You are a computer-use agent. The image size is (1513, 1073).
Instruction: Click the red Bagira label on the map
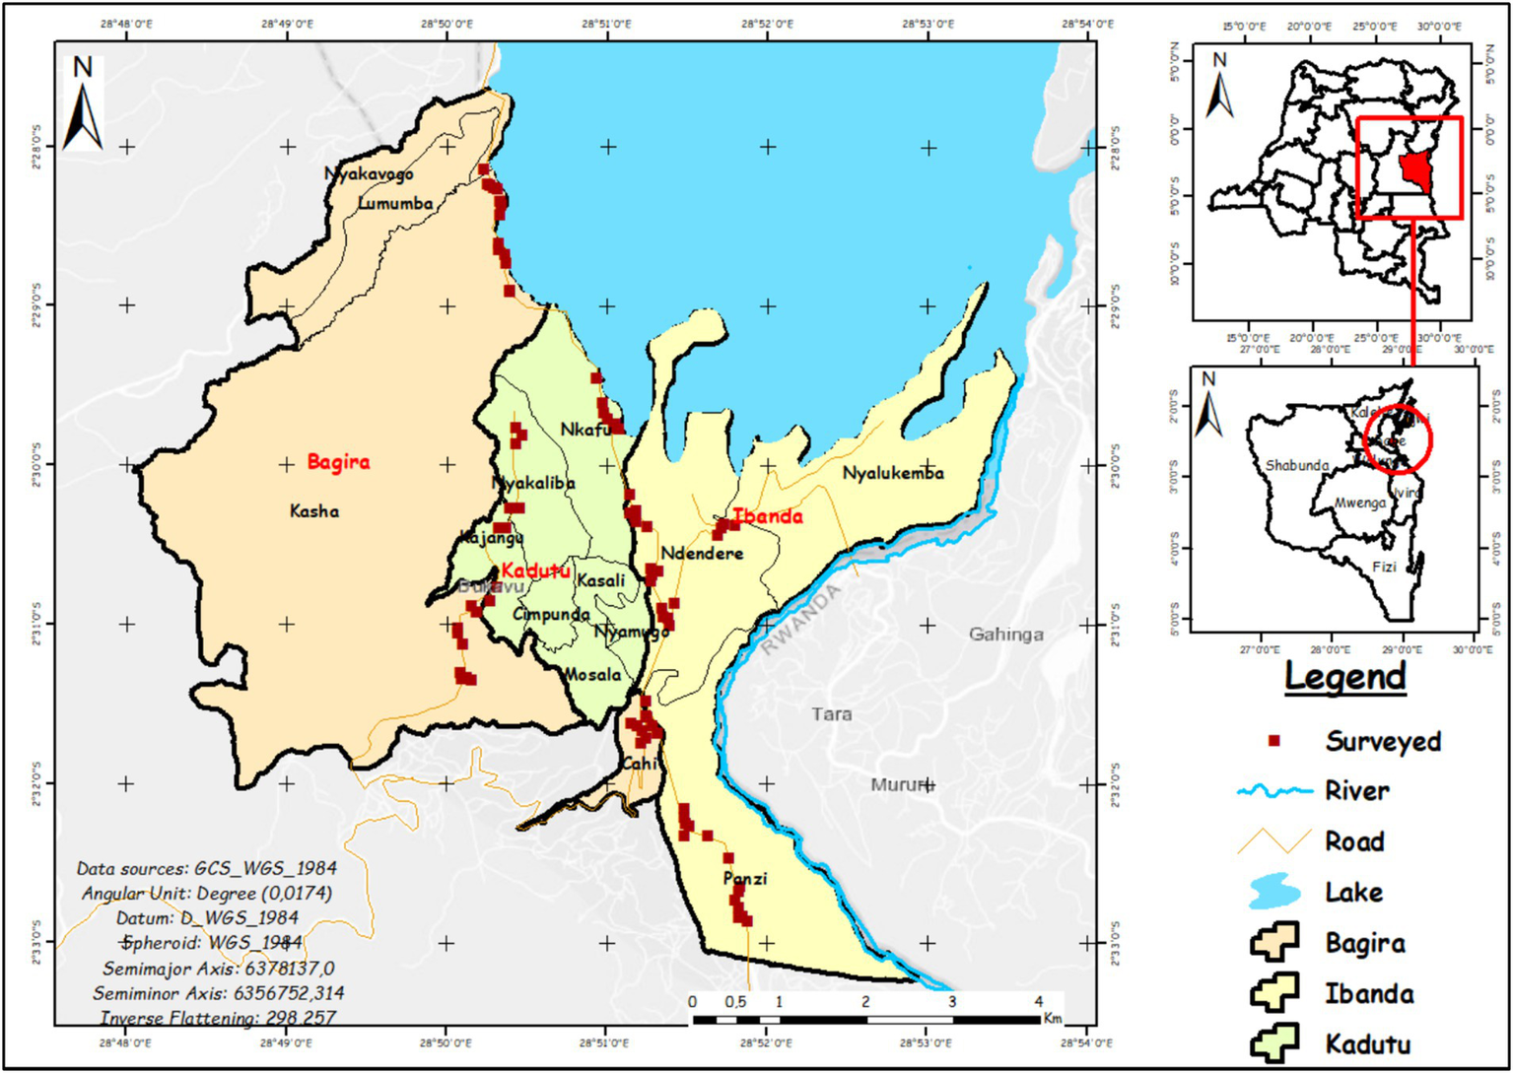(338, 462)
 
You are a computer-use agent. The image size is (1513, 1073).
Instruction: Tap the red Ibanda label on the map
(767, 516)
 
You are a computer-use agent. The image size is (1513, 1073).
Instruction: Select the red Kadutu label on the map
(535, 571)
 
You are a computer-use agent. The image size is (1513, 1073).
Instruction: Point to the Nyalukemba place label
(893, 474)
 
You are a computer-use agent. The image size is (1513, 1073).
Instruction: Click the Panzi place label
(744, 879)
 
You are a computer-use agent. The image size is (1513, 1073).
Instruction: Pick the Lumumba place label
(395, 204)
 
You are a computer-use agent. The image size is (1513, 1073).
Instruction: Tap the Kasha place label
(314, 511)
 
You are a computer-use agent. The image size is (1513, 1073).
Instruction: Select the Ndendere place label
(702, 554)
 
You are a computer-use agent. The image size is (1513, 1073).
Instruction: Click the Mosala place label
(592, 675)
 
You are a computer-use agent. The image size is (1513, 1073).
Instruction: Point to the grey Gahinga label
(1005, 635)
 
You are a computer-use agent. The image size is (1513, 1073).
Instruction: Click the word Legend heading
(1344, 678)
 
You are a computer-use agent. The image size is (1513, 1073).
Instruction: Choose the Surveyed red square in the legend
(1273, 741)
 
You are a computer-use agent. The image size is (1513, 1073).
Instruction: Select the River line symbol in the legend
(1274, 791)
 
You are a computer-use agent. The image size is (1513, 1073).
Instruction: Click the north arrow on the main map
(83, 103)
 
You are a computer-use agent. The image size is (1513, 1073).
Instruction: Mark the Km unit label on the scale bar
(1052, 1018)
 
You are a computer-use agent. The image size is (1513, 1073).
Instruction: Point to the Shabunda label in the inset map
(1296, 465)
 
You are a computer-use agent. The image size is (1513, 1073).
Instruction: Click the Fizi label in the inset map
(1384, 568)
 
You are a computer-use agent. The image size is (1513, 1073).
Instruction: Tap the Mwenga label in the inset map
(1359, 503)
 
